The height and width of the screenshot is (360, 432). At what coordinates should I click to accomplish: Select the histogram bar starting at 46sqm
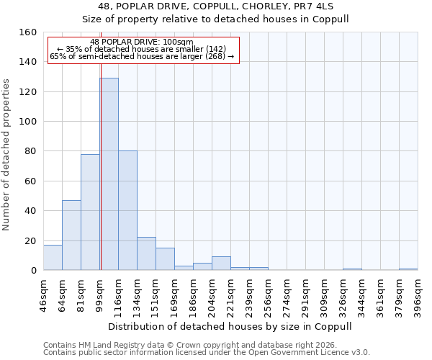pos(53,258)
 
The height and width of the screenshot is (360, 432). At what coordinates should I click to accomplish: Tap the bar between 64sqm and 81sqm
pos(71,235)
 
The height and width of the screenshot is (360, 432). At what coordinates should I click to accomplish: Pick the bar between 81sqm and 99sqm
pos(90,212)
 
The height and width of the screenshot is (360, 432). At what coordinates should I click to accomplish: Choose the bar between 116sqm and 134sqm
pos(127,211)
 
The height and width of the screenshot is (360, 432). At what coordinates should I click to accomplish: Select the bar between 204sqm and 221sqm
pos(221,264)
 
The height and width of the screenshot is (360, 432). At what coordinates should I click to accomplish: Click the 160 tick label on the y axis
pos(28,32)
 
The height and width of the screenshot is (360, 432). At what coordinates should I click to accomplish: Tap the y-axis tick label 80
pos(31,151)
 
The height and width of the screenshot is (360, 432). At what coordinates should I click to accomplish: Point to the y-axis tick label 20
pos(31,240)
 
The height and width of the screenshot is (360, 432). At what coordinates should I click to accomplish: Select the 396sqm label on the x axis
pos(418,291)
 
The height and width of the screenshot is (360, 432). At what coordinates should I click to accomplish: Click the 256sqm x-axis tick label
pos(268,291)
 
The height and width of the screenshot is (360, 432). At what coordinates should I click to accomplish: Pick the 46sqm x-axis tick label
pos(43,291)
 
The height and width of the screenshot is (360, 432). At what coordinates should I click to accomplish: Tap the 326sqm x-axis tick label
pos(343,291)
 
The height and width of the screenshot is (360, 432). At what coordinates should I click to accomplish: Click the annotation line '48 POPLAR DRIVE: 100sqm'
pos(142,42)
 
